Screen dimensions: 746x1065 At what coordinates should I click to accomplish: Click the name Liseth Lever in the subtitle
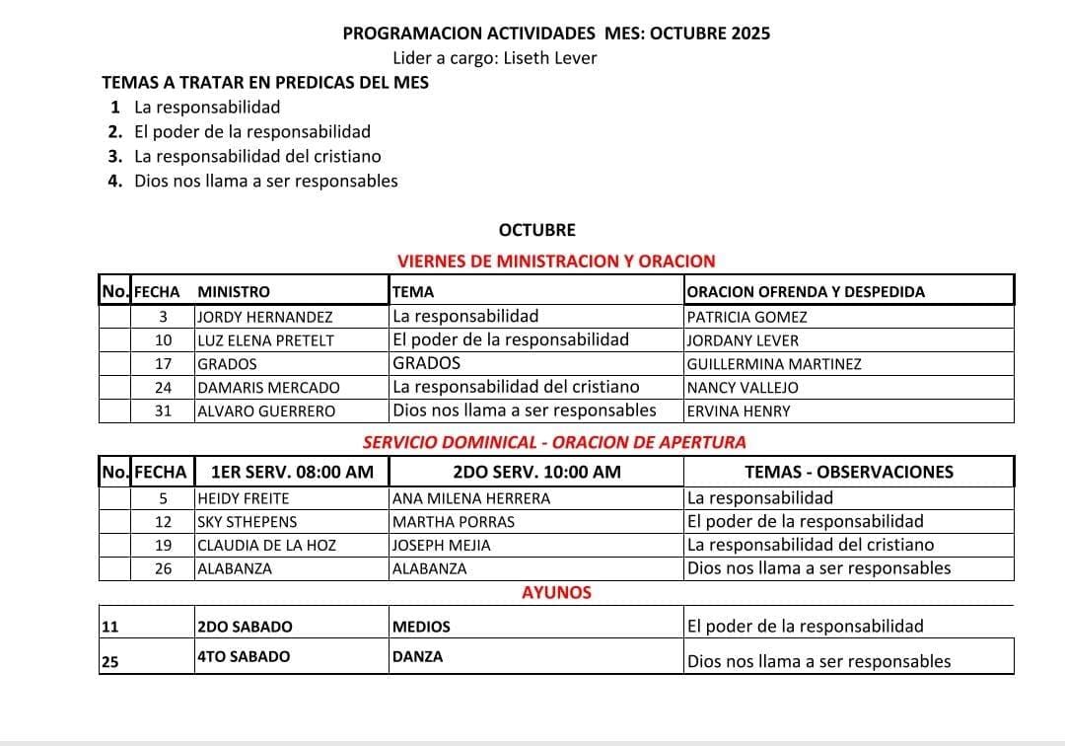coord(550,58)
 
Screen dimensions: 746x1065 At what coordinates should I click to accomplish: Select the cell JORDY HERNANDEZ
coord(264,318)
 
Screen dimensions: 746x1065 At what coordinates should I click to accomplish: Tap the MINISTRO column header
coord(234,292)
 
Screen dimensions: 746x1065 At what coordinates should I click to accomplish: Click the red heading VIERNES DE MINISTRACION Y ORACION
coord(555,261)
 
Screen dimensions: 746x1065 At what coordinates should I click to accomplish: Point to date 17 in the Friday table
coord(164,364)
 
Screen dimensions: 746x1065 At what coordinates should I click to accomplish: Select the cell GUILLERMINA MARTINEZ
coord(774,364)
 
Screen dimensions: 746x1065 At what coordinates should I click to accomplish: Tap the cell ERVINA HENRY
coord(739,411)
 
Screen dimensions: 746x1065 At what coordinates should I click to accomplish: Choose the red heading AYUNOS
coord(556,593)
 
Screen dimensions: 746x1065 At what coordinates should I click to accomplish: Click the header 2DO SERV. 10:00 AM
coord(536,472)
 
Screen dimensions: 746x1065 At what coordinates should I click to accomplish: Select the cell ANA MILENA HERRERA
coord(471,498)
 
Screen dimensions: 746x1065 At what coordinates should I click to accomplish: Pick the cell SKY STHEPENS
coord(247,522)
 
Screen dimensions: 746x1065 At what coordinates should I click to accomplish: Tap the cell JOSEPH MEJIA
coord(441,545)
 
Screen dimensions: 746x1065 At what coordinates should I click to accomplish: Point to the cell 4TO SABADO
coord(244,656)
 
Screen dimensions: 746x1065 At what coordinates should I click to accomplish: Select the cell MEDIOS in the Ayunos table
coord(421,627)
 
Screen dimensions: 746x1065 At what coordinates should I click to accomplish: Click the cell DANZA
coord(417,656)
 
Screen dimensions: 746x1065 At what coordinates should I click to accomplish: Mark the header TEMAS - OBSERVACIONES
coord(848,472)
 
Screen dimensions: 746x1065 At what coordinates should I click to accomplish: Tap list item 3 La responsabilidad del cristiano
coord(257,156)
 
